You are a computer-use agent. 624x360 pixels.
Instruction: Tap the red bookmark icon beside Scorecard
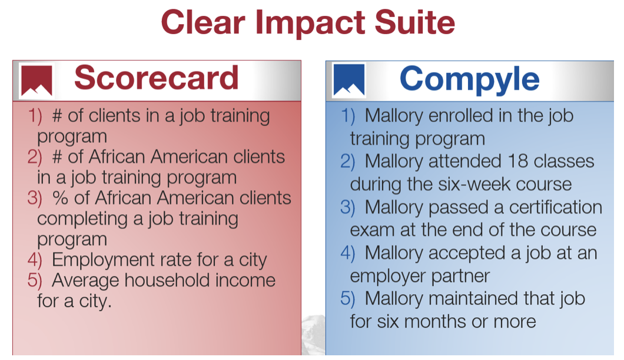(36, 81)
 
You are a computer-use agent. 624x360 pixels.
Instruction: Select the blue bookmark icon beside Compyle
(349, 80)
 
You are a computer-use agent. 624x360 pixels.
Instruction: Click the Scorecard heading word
(157, 78)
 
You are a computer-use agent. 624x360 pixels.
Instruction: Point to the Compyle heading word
(470, 79)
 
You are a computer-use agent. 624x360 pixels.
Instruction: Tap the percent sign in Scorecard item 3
(60, 198)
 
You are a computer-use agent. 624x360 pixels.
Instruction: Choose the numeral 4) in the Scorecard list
(35, 260)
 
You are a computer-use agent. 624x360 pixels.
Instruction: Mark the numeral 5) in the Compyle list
(348, 298)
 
